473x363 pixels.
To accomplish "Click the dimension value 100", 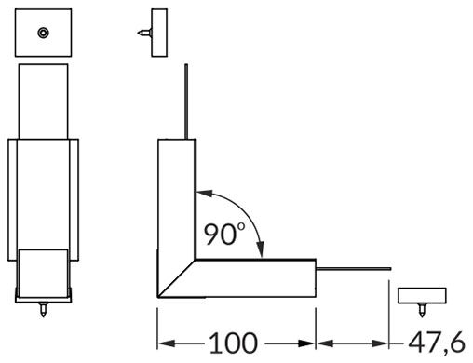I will tap(233, 342).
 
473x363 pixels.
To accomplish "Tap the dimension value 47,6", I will tap(433, 342).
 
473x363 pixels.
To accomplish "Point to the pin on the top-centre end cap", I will tap(142, 33).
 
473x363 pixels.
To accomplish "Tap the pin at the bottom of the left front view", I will tap(44, 306).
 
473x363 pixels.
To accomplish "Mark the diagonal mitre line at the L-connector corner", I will tap(177, 279).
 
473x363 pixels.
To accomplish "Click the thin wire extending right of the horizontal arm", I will tap(354, 269).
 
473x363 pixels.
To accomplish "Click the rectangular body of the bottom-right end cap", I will tap(421, 295).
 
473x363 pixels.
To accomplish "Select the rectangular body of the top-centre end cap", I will tap(157, 32).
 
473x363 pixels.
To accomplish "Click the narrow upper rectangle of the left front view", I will tap(44, 102).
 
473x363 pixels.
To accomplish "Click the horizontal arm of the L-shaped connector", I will tap(261, 279).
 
